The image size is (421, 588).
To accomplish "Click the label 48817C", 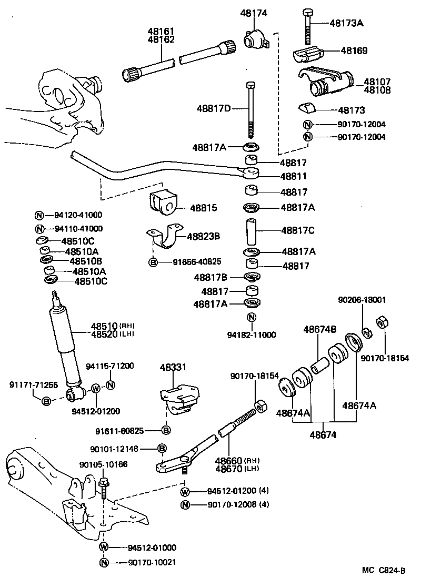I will [x=298, y=230].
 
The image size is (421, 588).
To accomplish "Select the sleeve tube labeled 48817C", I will [x=251, y=230].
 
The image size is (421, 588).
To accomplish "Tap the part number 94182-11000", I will [x=252, y=335].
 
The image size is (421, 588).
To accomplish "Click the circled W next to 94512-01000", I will [x=104, y=547].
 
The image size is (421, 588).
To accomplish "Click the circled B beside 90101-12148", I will [x=162, y=448].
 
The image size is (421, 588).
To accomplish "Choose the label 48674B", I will [x=319, y=330].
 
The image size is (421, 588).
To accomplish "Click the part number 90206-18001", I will [x=362, y=300].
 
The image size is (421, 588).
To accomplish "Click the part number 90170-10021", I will [x=152, y=562].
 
